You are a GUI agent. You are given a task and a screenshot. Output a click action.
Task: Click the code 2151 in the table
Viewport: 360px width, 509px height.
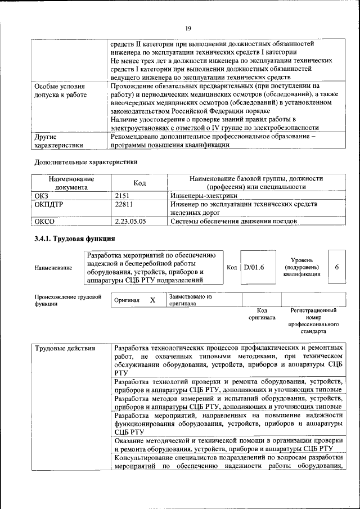[123, 195]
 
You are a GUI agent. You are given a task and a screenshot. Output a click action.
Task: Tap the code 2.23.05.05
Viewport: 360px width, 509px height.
[130, 221]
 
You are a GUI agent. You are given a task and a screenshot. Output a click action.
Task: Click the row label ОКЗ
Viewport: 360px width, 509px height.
[42, 195]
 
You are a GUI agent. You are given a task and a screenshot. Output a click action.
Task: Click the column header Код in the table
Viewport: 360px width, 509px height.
[139, 182]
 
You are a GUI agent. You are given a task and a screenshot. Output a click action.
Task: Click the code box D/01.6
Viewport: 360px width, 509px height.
[254, 267]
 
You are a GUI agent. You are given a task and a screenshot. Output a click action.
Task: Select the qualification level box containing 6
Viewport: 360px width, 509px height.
[336, 267]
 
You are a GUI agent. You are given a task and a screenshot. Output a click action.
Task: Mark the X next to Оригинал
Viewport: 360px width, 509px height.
[152, 300]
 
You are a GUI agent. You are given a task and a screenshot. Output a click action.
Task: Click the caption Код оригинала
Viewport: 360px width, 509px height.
[262, 314]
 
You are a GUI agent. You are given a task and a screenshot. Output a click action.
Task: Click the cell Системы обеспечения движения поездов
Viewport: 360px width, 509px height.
[233, 221]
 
